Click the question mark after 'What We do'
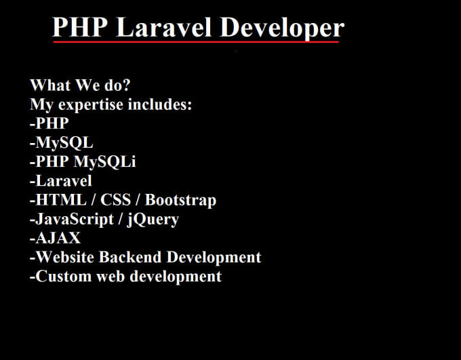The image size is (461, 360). coord(127,86)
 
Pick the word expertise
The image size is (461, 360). coord(94,106)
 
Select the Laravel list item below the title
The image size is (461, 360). coord(62,182)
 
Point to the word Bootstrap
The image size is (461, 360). coord(180,201)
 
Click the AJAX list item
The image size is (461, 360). coord(57,239)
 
